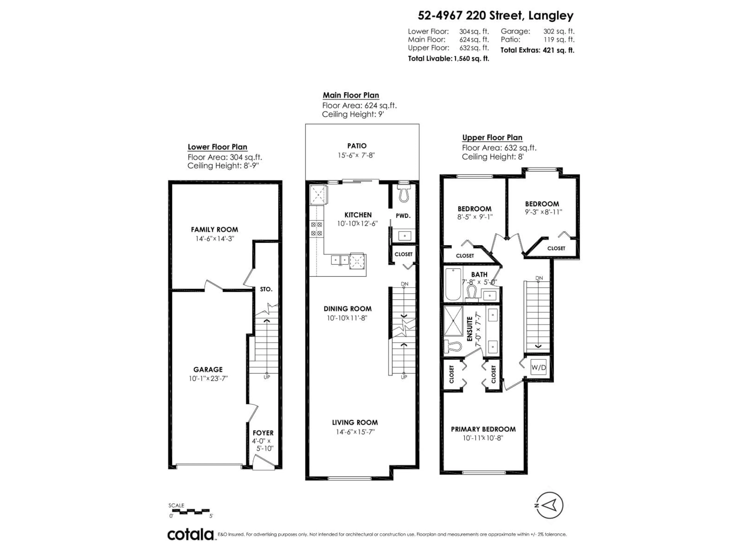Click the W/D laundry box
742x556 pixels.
tap(538, 368)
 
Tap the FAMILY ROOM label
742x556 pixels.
tap(214, 230)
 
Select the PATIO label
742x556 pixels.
tap(357, 146)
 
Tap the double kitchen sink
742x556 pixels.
tap(340, 260)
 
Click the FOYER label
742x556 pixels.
tap(263, 433)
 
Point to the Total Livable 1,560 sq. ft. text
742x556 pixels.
tap(448, 59)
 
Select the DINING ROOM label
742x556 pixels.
tap(347, 309)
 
